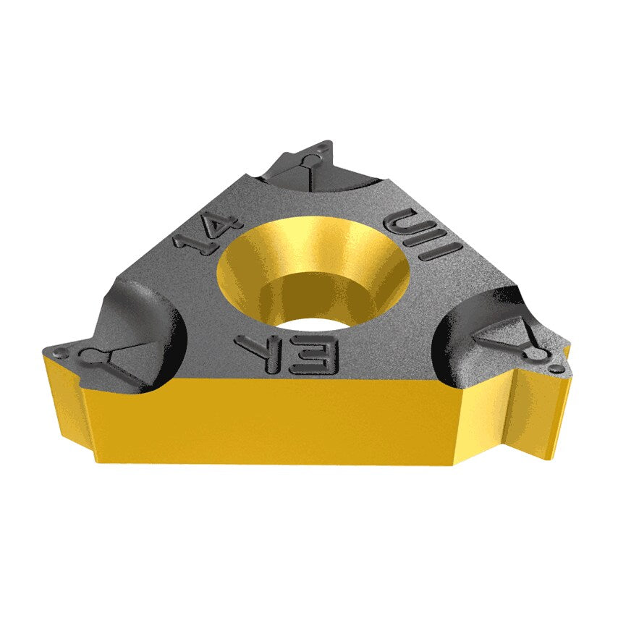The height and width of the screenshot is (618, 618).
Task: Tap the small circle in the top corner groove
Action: pos(313,158)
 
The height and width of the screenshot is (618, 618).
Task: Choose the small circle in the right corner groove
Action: pos(537,353)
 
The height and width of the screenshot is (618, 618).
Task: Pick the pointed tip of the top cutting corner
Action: pos(329,143)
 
